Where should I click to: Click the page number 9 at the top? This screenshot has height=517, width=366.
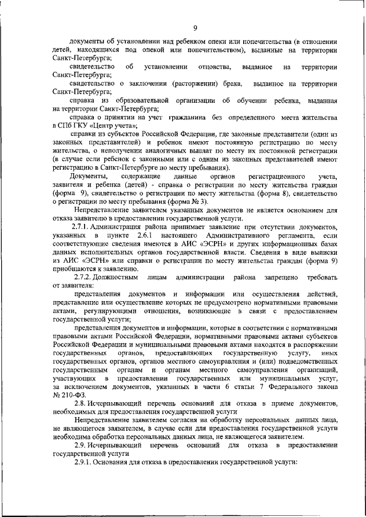coord(194,29)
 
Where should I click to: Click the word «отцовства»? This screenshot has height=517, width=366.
coord(214,67)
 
